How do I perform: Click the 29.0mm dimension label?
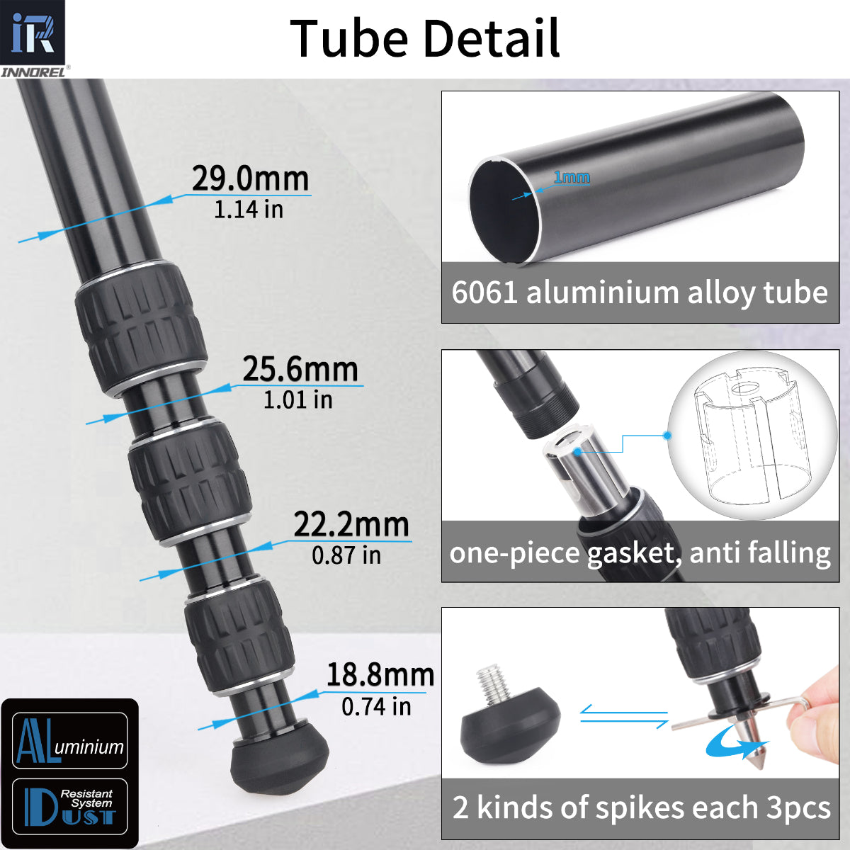point(251,178)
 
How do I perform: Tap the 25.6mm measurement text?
point(300,369)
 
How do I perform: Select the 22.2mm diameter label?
point(351,525)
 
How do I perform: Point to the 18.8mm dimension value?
point(380,675)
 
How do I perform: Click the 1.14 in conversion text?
point(249,210)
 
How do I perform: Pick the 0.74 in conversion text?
point(376,706)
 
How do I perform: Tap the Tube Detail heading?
point(425,38)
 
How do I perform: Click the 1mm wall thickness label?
point(572,177)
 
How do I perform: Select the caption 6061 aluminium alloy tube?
point(640,293)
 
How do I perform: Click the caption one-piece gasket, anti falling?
point(640,552)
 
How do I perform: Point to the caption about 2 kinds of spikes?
point(641,807)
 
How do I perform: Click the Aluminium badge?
point(69,741)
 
